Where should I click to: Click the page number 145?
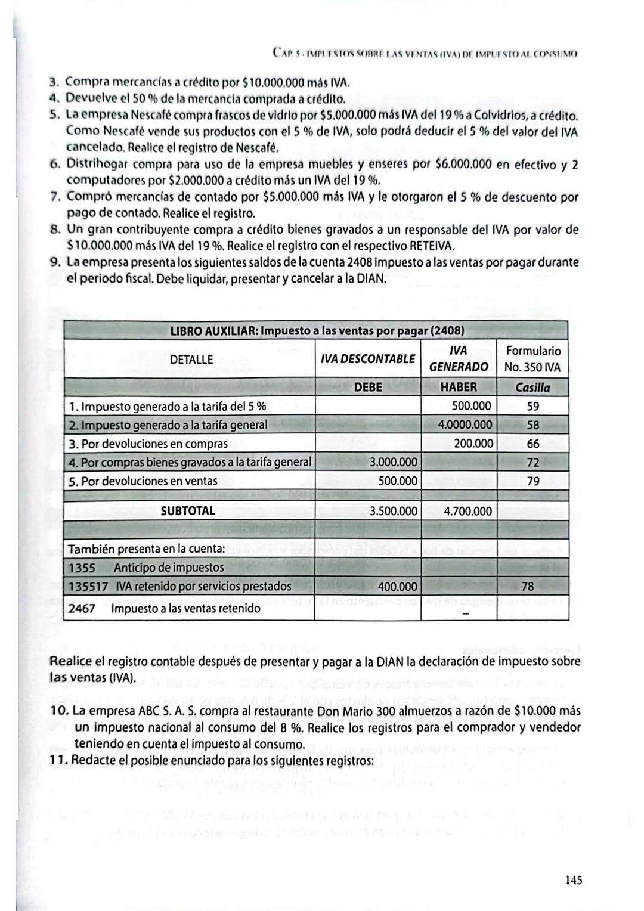click(x=573, y=880)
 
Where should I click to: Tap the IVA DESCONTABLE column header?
click(x=367, y=359)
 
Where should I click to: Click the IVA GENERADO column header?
click(x=458, y=359)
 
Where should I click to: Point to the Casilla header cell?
click(x=532, y=388)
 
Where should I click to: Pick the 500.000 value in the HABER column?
click(x=471, y=407)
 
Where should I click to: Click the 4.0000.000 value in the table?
click(x=465, y=425)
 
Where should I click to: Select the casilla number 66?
click(x=532, y=444)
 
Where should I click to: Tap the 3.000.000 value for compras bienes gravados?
click(x=394, y=462)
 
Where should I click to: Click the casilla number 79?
click(x=532, y=481)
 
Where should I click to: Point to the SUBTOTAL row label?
click(x=188, y=511)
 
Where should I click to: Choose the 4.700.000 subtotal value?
click(x=468, y=512)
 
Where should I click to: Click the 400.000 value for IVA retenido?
click(x=398, y=587)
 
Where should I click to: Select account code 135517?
click(x=88, y=587)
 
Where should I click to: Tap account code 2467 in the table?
click(x=82, y=609)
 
